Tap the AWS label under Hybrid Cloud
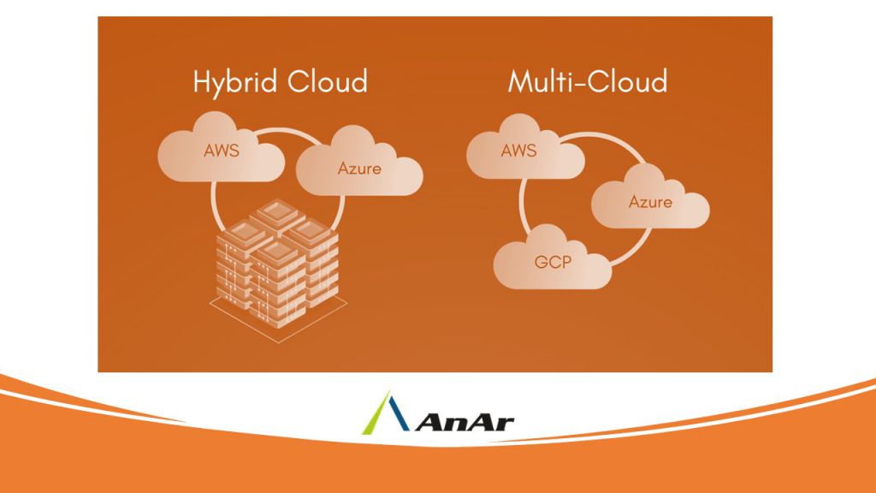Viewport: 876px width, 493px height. (x=222, y=152)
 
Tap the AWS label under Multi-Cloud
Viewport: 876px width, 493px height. (x=519, y=151)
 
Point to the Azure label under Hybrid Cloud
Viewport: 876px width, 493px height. (x=359, y=168)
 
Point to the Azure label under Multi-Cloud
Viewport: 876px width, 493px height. (x=650, y=202)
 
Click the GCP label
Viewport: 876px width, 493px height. (x=553, y=262)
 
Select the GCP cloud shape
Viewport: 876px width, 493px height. (x=553, y=257)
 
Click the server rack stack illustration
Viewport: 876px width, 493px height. (x=275, y=257)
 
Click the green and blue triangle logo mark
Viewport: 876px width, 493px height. (x=396, y=413)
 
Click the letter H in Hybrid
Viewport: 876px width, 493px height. (x=202, y=81)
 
